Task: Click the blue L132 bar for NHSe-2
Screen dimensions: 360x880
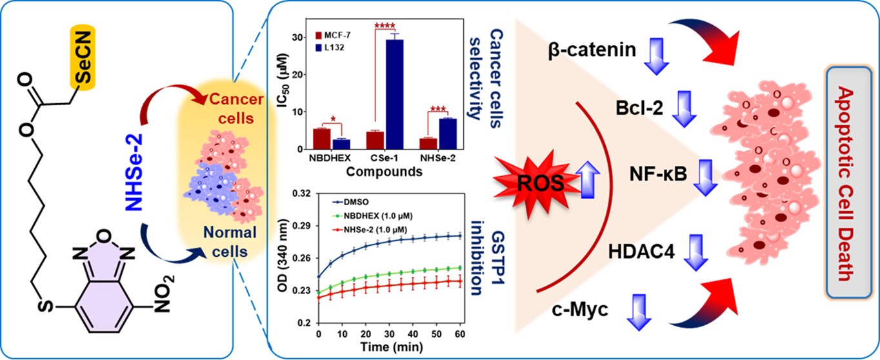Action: [x=448, y=134]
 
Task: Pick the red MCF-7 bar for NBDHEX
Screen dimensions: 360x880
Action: [x=321, y=139]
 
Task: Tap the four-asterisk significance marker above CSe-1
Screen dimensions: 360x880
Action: [x=386, y=27]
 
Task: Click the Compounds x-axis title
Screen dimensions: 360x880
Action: [x=385, y=172]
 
